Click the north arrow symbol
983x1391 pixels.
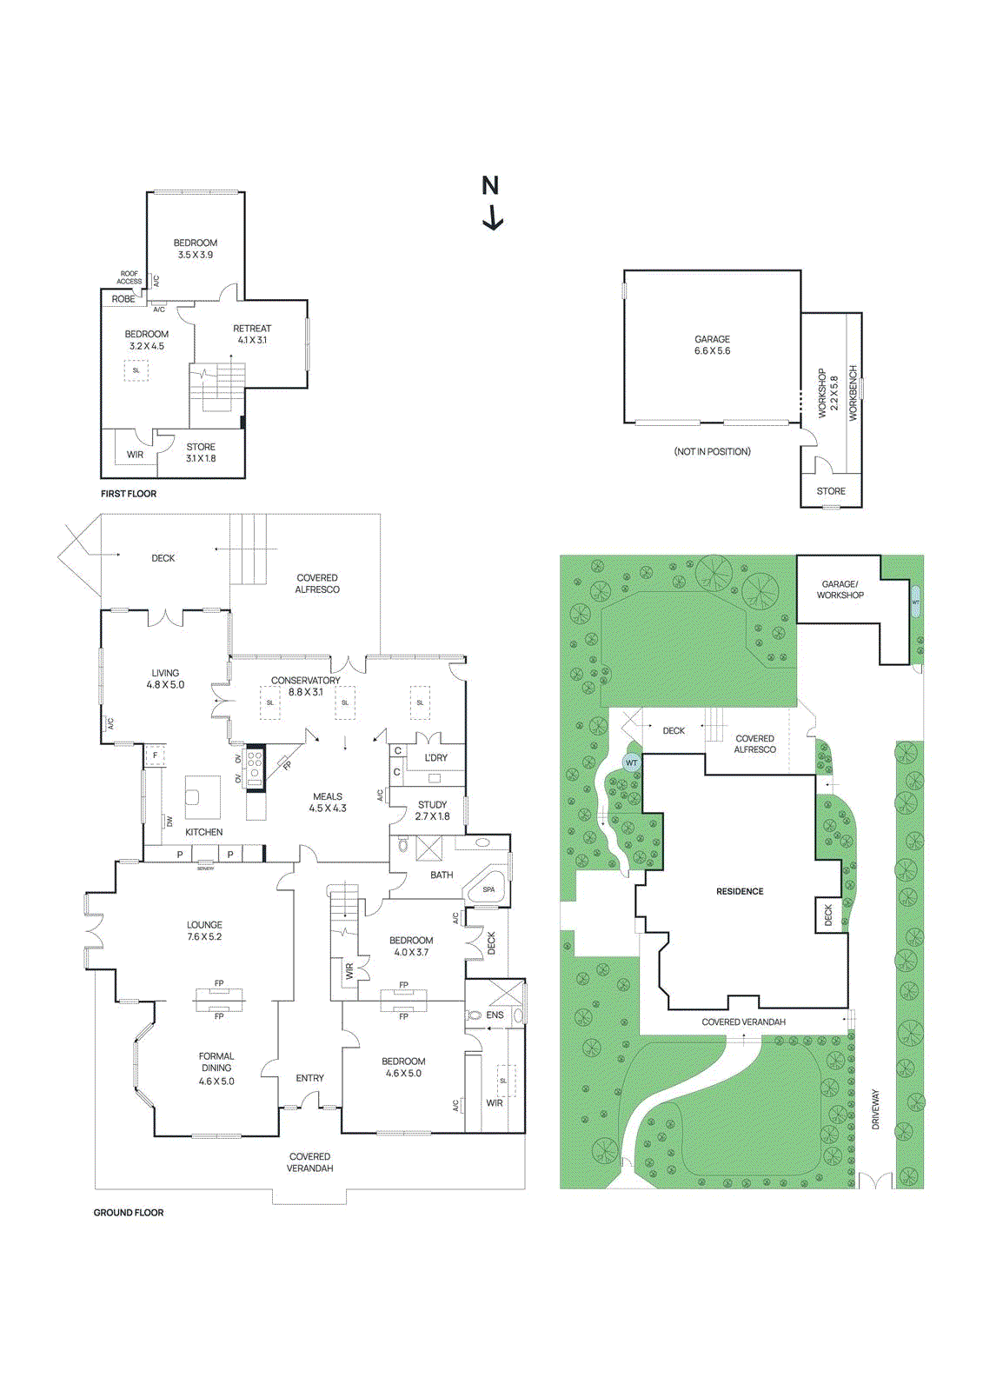pos(492,216)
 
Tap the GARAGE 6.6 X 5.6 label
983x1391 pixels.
pos(712,345)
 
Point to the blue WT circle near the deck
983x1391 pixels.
pos(631,762)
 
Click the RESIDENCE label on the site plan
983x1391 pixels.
pos(740,891)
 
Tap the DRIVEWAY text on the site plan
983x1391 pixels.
pos(875,1109)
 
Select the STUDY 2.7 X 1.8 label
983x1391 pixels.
pos(432,810)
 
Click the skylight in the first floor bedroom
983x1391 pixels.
pos(136,370)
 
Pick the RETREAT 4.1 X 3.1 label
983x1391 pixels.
pos(252,334)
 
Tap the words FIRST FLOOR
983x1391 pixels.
pos(129,494)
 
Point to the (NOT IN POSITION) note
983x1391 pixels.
pos(712,451)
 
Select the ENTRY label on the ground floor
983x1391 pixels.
pos(309,1078)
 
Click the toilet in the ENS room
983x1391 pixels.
pos(475,1015)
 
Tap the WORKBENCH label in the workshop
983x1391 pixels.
pos(853,393)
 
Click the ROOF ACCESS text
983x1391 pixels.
pos(129,277)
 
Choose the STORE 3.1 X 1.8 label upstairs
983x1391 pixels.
pos(201,452)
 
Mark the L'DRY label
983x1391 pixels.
pos(436,757)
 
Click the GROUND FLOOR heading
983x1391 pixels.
pos(129,1213)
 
